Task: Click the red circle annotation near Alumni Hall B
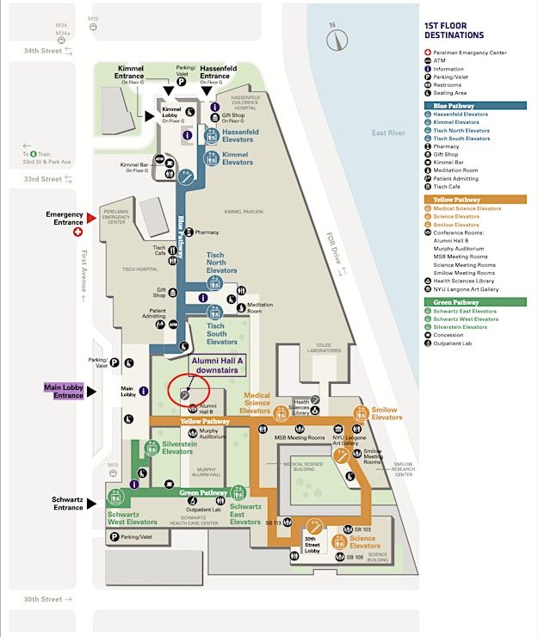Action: click(x=189, y=389)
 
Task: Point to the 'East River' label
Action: click(x=388, y=133)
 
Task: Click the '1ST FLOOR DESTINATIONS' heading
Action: click(x=454, y=30)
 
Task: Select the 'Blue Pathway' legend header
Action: click(x=446, y=106)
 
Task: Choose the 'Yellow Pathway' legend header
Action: click(x=449, y=200)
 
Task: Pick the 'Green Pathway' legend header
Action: click(x=448, y=302)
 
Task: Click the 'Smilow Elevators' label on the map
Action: click(x=386, y=414)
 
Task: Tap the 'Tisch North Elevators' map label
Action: click(x=221, y=263)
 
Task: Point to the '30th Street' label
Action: click(x=42, y=599)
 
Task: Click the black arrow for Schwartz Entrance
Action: click(x=91, y=503)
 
